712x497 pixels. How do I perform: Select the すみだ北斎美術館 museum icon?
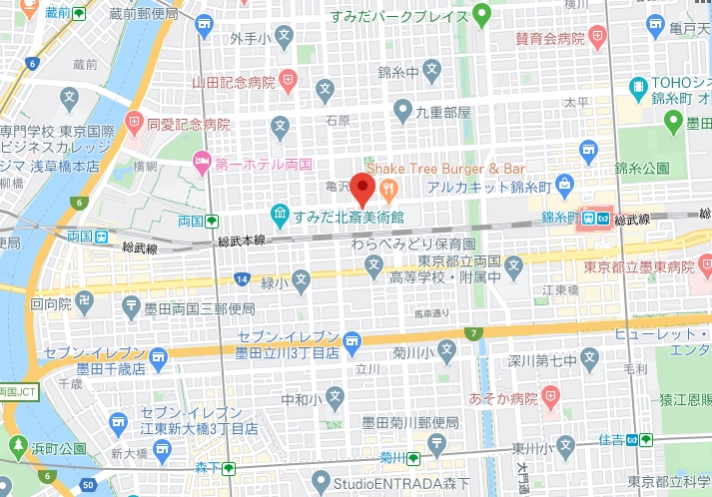[281, 215]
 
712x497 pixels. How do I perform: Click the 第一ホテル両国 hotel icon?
[201, 161]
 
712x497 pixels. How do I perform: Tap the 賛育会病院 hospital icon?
[597, 39]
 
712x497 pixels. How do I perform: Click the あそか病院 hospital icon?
[548, 397]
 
